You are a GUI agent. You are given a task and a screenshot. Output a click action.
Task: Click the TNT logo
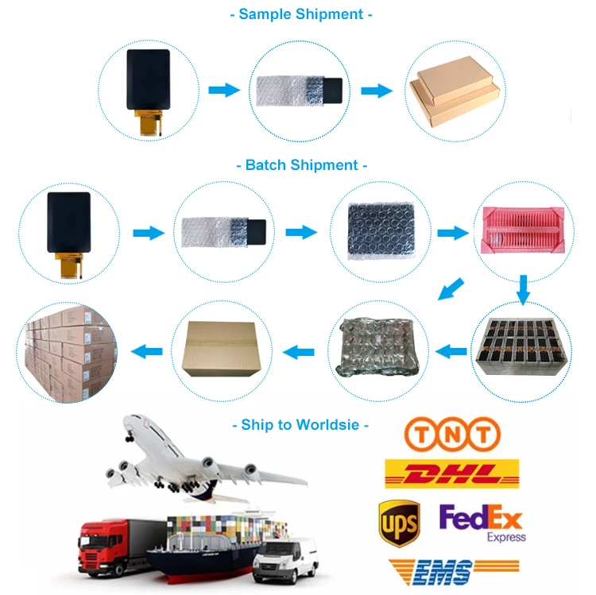pos(451,435)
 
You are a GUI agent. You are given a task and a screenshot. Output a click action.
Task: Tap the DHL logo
pos(451,473)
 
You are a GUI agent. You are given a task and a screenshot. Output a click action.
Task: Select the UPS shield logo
pos(399,523)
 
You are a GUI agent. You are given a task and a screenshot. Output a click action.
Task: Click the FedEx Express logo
pos(482,524)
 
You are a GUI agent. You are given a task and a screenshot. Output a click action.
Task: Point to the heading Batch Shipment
pos(302,165)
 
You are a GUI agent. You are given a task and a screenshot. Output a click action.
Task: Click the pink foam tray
pos(523,231)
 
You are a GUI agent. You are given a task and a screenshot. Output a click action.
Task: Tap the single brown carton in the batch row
pos(221,350)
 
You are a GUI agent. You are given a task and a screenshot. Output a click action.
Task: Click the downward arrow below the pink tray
pos(523,289)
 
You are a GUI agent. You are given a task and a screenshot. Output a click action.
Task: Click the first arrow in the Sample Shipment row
pos(224,90)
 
